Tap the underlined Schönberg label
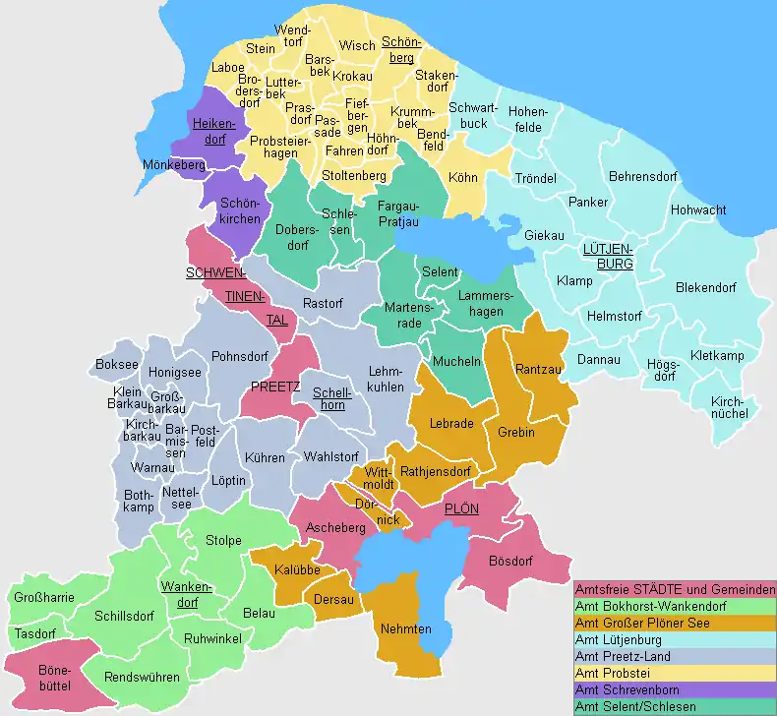(x=399, y=50)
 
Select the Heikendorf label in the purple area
(x=215, y=131)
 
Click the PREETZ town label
(x=275, y=387)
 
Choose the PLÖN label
(x=461, y=509)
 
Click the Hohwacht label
(x=698, y=210)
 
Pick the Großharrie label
(x=43, y=597)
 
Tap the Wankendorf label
(x=188, y=595)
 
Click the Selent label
(x=440, y=271)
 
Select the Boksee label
(x=117, y=365)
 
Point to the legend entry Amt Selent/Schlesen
(x=635, y=706)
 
